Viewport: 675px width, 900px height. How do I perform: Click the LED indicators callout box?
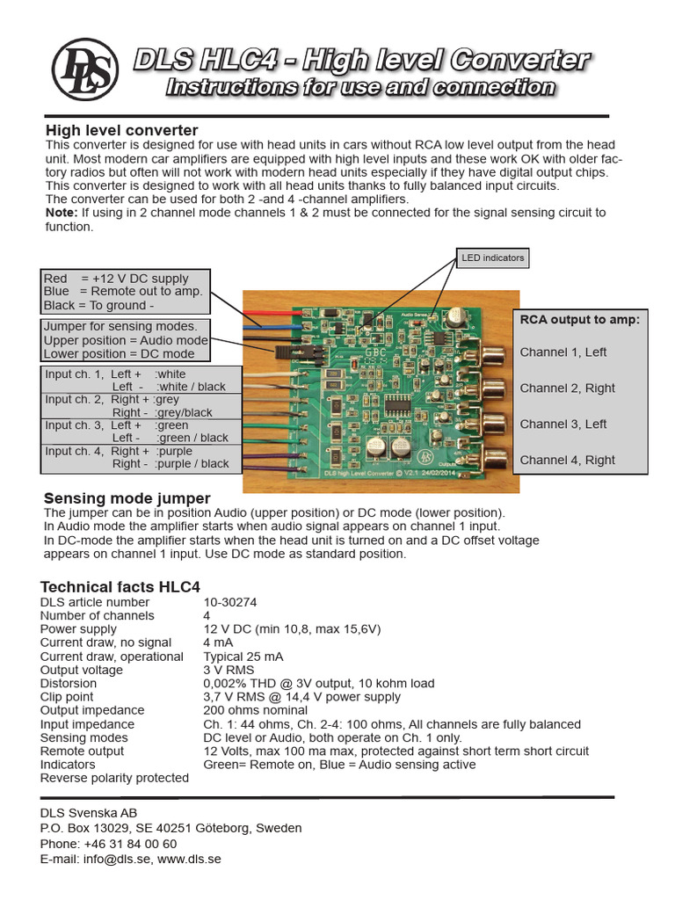pos(491,258)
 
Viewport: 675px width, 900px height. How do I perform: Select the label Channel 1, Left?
pos(563,352)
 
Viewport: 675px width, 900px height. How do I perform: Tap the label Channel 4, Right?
pos(568,460)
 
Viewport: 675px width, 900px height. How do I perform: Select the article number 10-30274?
pos(230,603)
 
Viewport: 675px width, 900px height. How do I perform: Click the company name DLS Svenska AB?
pos(89,813)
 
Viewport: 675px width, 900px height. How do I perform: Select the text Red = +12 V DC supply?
pos(116,279)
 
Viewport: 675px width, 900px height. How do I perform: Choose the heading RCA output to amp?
pos(580,320)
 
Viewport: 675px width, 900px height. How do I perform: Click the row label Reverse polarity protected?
pos(114,778)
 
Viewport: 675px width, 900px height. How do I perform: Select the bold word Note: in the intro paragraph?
pos(62,213)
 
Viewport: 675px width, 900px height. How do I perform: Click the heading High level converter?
pos(121,131)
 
